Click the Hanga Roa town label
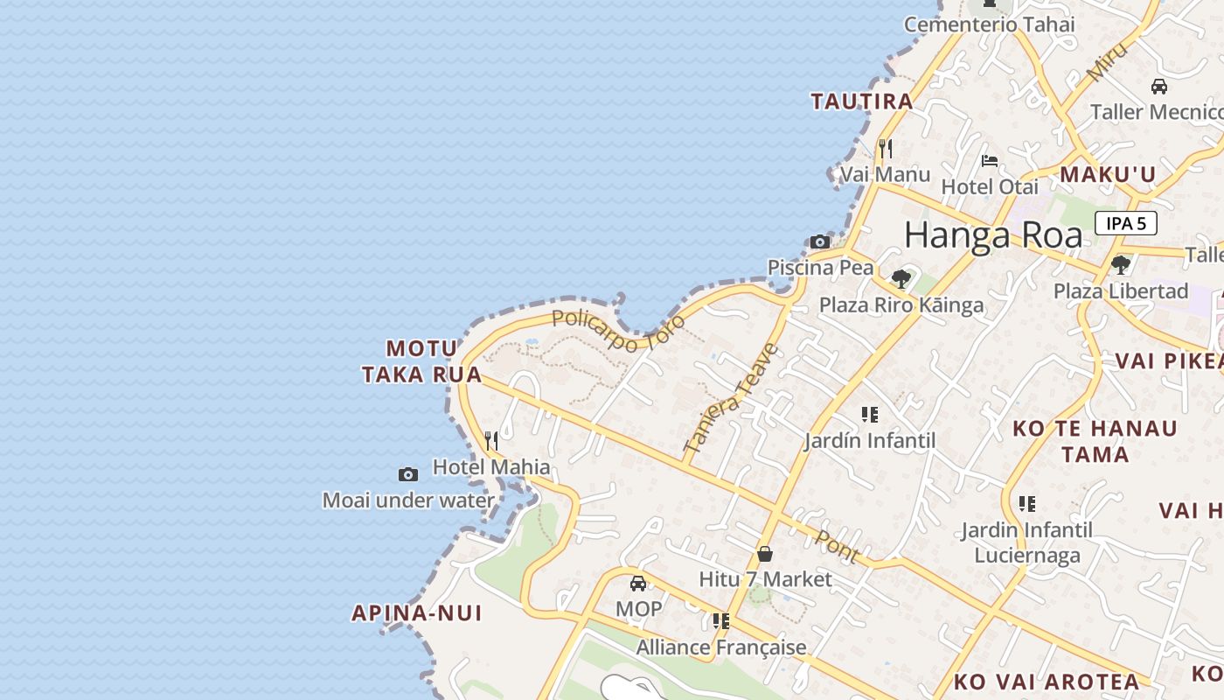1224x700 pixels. click(993, 235)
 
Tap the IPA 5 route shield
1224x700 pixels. click(1126, 223)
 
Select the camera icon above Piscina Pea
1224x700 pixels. click(820, 241)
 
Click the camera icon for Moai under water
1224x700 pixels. click(408, 474)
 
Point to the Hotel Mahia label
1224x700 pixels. click(491, 466)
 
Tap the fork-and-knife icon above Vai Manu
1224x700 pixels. click(886, 148)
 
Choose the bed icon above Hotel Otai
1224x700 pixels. click(990, 160)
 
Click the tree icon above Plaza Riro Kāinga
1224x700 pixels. click(901, 279)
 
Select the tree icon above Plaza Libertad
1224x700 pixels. click(1121, 264)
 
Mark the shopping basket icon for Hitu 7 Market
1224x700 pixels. click(765, 554)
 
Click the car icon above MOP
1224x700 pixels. click(638, 583)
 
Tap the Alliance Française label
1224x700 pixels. click(721, 647)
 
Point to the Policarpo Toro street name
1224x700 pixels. click(618, 332)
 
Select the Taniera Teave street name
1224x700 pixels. click(731, 398)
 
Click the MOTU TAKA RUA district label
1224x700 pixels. click(422, 361)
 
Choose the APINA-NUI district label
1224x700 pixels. click(416, 612)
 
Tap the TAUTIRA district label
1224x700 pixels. click(862, 101)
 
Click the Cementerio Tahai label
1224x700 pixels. click(989, 24)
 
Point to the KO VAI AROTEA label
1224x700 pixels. click(1047, 682)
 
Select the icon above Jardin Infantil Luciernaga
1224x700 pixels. click(1027, 504)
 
